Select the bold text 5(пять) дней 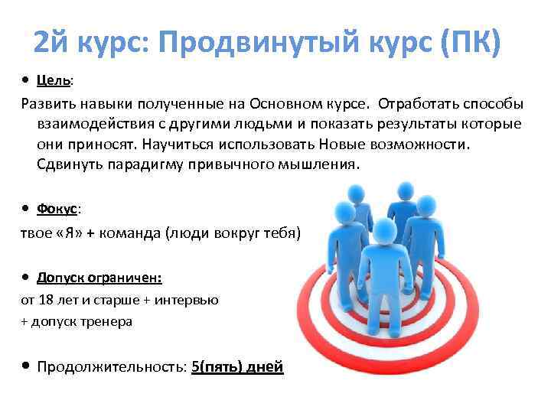coord(238,367)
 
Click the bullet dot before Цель coord(26,80)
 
